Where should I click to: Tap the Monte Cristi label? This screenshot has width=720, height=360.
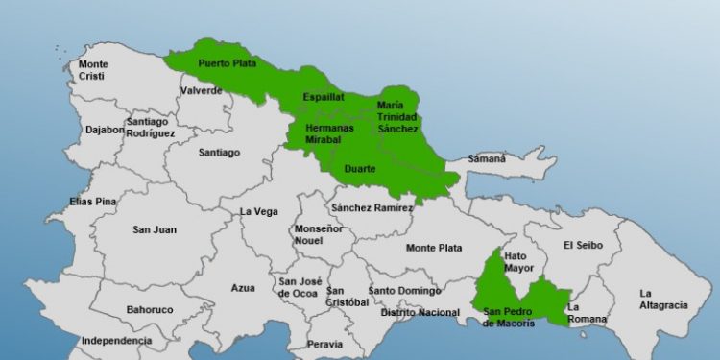point(94,69)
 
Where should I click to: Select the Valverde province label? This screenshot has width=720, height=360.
point(201,90)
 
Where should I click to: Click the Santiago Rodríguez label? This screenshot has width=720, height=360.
point(150,127)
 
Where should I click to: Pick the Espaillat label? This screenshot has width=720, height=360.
point(323,97)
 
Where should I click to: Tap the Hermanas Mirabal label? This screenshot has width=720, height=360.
point(329,132)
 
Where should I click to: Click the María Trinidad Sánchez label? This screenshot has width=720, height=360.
point(397,116)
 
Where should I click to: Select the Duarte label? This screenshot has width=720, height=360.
point(360,170)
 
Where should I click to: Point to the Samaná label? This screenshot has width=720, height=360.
point(487,158)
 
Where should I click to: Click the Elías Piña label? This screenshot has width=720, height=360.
point(92,202)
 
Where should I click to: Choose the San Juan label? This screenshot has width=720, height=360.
point(155,229)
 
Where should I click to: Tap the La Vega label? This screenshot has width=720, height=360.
point(258,211)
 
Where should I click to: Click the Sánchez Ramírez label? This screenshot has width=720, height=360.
point(372,207)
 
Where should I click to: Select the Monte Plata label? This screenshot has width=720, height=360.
point(434,247)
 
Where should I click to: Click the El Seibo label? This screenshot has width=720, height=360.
point(583,245)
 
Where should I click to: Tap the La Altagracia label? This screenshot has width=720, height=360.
point(663,300)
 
